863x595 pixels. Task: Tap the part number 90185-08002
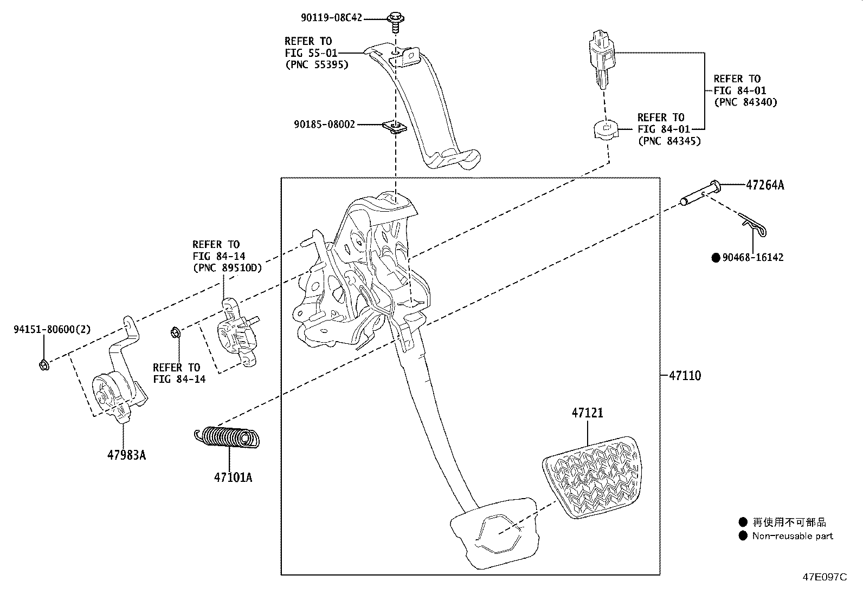click(324, 125)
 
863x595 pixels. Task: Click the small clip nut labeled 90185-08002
click(395, 127)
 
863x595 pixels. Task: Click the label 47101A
click(233, 478)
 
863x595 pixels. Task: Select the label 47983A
click(126, 455)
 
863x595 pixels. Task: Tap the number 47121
click(587, 413)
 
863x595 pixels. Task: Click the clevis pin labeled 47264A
click(699, 193)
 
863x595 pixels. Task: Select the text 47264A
click(765, 185)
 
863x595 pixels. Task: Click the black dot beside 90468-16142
click(716, 258)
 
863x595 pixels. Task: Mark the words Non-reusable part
click(793, 536)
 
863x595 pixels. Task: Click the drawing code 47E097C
click(825, 577)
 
